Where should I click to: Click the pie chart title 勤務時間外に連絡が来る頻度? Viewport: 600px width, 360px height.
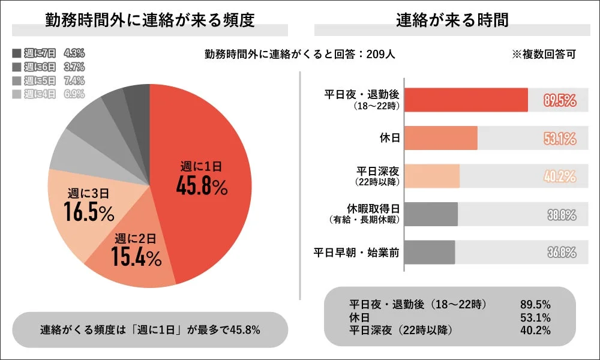click(150, 20)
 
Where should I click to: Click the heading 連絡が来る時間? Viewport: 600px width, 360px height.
click(452, 20)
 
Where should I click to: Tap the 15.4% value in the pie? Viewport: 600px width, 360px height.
click(136, 258)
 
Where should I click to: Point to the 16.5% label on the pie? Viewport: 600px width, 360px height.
click(88, 213)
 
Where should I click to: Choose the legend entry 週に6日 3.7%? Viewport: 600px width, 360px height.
click(48, 67)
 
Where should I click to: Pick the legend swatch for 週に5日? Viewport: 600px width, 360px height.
click(16, 80)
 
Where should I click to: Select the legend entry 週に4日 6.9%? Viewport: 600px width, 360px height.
click(48, 94)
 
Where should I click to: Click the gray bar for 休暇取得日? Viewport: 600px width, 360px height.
click(431, 214)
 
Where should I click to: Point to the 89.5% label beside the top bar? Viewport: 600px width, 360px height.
click(560, 100)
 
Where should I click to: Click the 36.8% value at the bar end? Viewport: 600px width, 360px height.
click(561, 253)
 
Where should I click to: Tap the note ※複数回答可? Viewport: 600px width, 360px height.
click(544, 54)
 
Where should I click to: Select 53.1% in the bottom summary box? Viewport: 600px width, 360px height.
click(535, 317)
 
